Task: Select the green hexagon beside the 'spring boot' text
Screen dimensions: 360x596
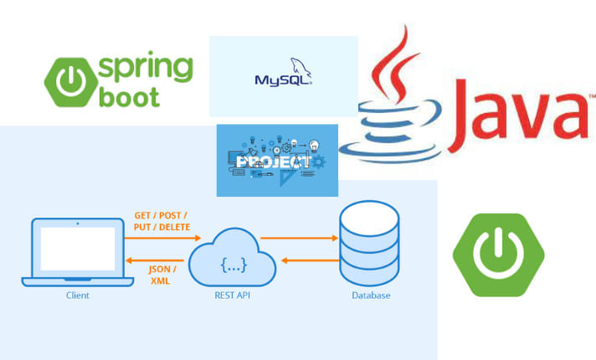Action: pyautogui.click(x=71, y=80)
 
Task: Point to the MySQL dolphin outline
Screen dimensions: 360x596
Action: pyautogui.click(x=300, y=67)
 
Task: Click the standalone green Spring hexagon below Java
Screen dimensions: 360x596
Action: pyautogui.click(x=498, y=255)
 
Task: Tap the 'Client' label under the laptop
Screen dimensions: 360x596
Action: pyautogui.click(x=76, y=296)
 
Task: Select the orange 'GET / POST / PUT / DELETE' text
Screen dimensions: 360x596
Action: pyautogui.click(x=162, y=221)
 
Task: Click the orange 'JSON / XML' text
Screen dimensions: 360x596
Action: pyautogui.click(x=162, y=275)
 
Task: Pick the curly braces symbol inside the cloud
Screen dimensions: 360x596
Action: pyautogui.click(x=233, y=265)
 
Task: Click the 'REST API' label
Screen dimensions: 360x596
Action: pyautogui.click(x=233, y=296)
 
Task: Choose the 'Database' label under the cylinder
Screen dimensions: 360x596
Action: pyautogui.click(x=369, y=296)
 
